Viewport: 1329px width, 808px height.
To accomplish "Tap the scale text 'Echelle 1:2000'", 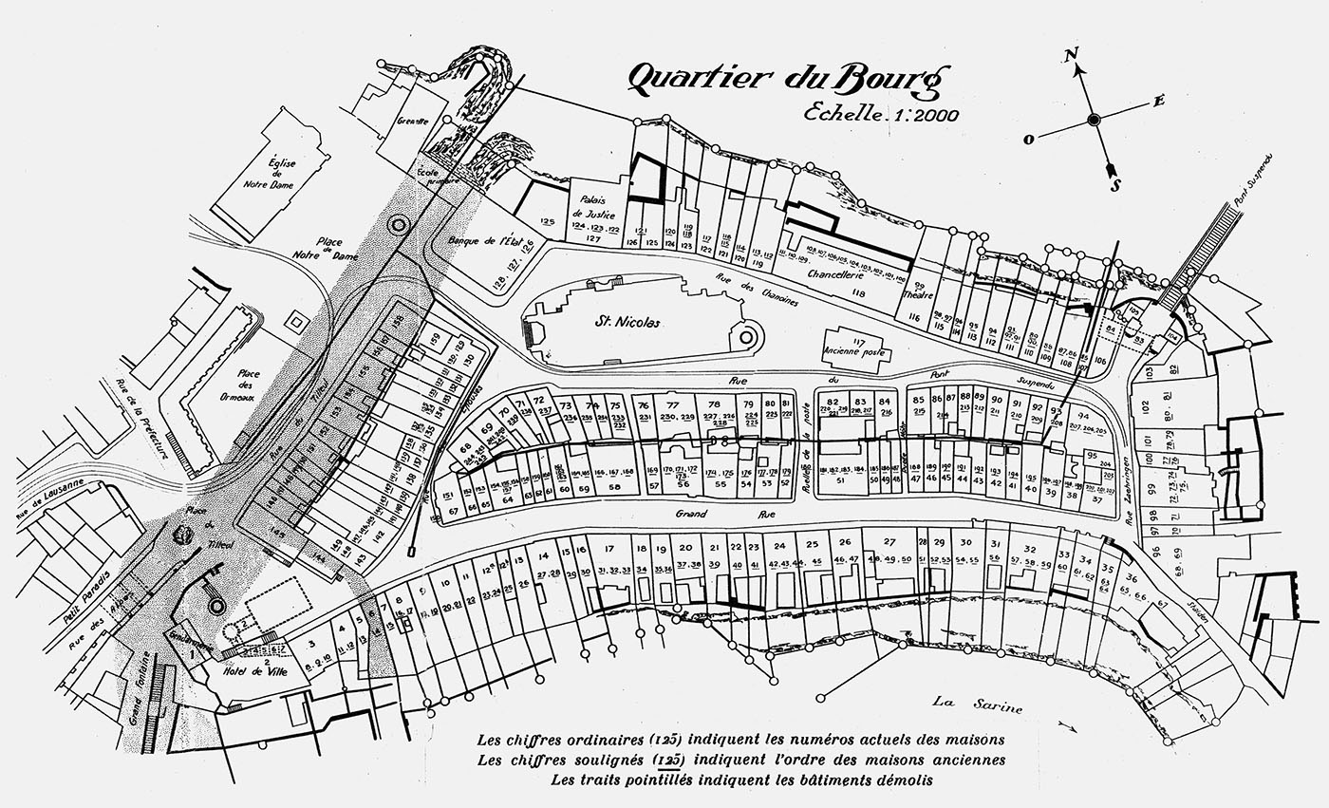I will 880,113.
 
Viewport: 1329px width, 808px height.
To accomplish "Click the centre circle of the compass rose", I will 1094,120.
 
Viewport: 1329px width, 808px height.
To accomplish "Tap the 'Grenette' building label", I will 414,121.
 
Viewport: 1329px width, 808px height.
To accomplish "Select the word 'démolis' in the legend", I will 901,780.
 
